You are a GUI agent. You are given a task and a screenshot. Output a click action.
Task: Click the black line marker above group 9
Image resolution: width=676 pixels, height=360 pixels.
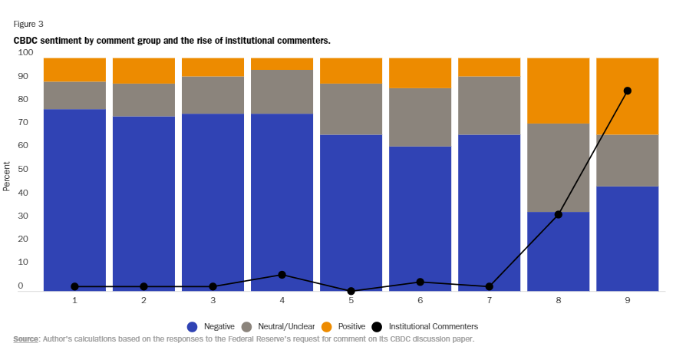click(627, 91)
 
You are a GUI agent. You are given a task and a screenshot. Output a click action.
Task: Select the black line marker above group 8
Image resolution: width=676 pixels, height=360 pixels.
click(558, 214)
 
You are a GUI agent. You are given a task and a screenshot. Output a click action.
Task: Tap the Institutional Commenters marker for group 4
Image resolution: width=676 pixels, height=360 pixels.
click(282, 275)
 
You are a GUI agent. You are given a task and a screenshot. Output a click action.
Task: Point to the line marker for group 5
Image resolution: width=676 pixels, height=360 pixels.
click(351, 291)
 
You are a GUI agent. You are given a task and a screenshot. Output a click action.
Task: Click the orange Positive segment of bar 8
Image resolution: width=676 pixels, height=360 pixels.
click(558, 91)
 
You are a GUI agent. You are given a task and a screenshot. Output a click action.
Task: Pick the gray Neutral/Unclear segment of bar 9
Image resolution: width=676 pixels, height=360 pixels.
click(627, 160)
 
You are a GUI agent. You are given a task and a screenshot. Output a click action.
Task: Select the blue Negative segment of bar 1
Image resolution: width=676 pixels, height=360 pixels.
click(74, 200)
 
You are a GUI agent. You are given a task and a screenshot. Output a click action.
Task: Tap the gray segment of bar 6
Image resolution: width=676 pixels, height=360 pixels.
click(420, 117)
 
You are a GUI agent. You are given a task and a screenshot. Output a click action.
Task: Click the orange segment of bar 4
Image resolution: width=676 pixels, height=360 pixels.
click(282, 64)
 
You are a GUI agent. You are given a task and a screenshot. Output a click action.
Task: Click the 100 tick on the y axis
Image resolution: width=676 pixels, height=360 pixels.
click(25, 53)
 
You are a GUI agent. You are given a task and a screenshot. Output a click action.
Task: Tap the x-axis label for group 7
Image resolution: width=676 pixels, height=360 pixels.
click(489, 302)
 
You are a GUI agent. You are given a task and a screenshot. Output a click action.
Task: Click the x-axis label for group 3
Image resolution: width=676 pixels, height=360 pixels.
click(213, 302)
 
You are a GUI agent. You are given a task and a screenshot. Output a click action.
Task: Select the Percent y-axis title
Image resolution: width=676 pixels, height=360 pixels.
click(7, 176)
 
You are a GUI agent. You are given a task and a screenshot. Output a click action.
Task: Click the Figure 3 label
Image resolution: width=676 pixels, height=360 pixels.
click(28, 24)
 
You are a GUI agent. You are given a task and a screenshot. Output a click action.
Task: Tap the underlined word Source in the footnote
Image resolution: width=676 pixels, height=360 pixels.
click(26, 339)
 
